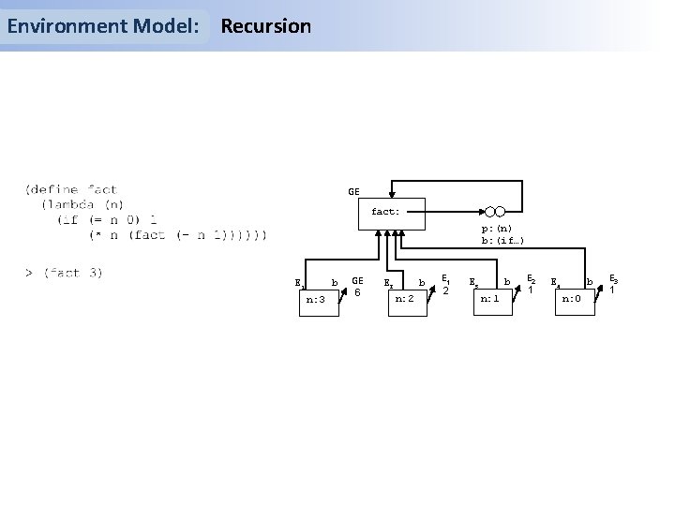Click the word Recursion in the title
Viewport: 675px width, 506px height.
[x=265, y=26]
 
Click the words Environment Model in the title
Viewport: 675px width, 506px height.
[x=103, y=26]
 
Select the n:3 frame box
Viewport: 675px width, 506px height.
[x=316, y=301]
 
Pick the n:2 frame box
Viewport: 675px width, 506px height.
[x=405, y=300]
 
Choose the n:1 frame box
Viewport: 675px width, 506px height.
[x=489, y=300]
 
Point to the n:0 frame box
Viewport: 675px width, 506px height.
[x=571, y=300]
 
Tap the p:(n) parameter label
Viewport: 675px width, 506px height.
[x=497, y=229]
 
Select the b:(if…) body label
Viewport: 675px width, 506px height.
[x=502, y=241]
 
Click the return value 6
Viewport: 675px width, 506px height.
[x=357, y=291]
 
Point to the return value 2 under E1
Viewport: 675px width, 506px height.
[x=447, y=290]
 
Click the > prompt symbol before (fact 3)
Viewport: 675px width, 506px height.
[x=30, y=273]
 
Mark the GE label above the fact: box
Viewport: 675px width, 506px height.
[x=353, y=192]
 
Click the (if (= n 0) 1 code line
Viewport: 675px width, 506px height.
[x=106, y=219]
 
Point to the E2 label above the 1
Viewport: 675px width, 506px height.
[x=532, y=278]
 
